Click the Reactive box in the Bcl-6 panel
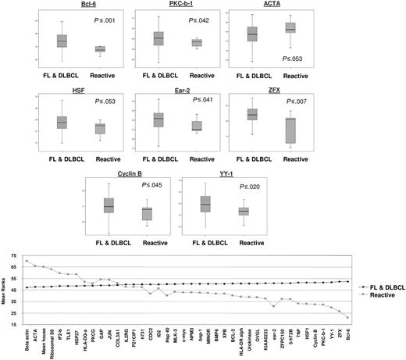tap(99, 50)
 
